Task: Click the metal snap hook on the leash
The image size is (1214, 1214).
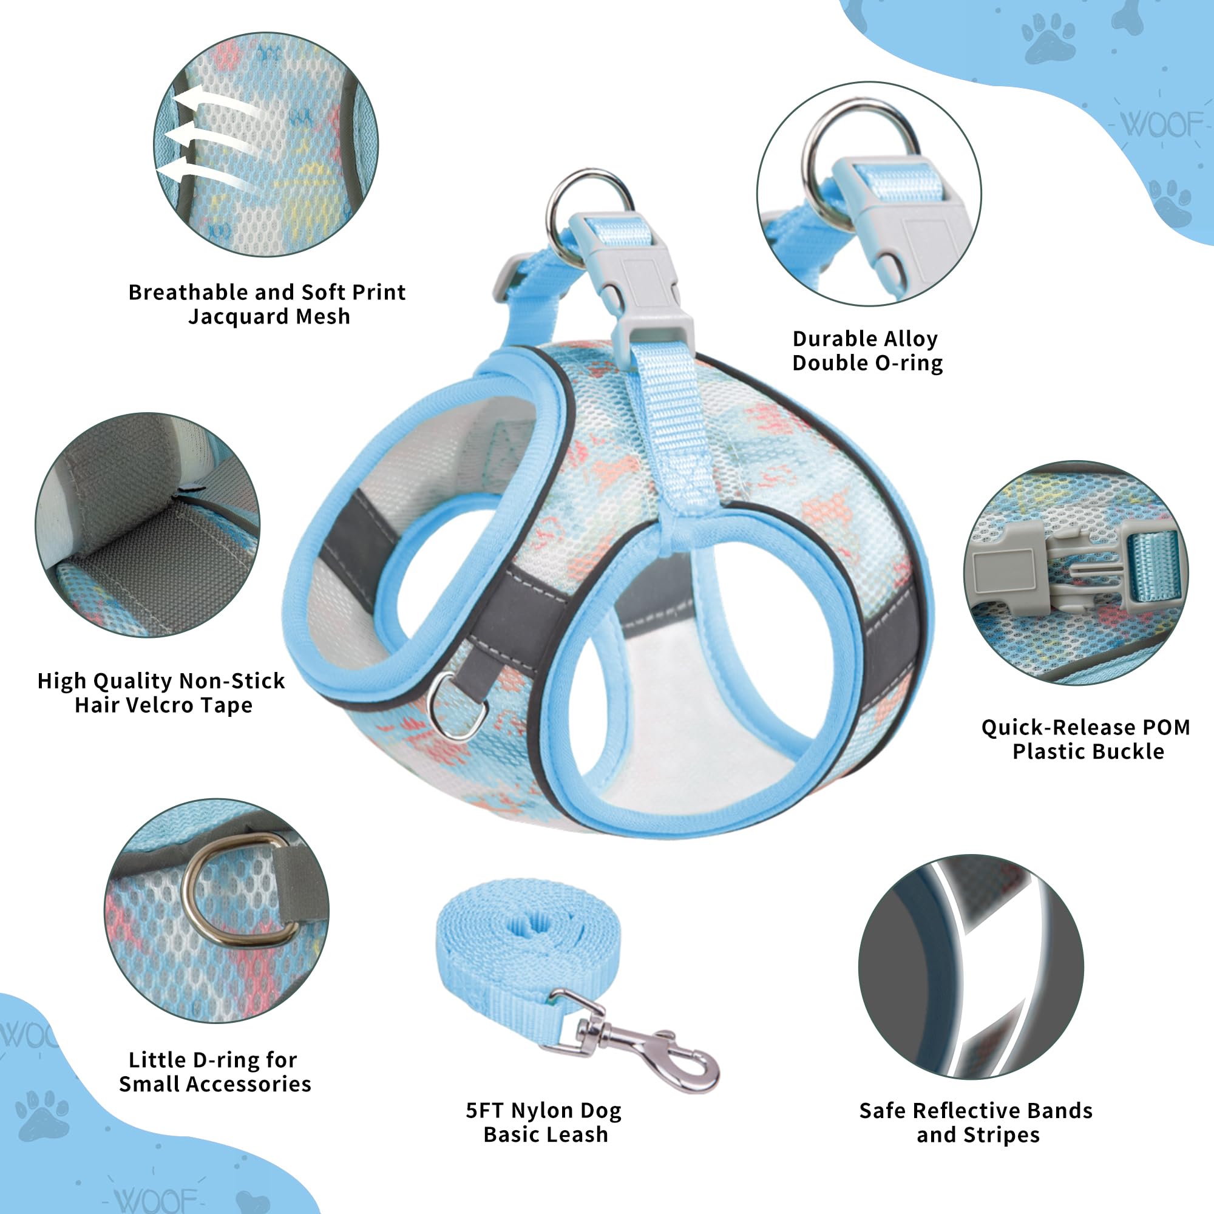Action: pyautogui.click(x=628, y=1046)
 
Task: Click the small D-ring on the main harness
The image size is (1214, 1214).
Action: pyautogui.click(x=457, y=707)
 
